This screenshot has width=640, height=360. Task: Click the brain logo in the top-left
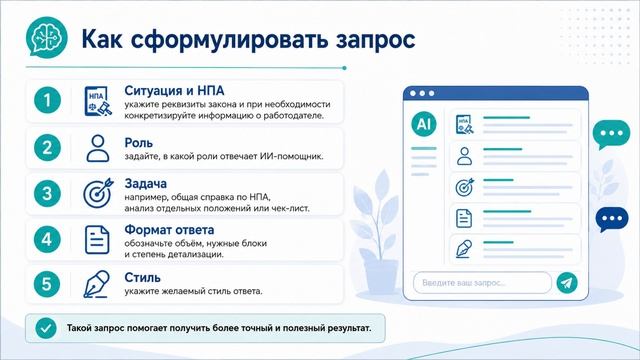point(47,37)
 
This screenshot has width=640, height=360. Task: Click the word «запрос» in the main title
point(376,39)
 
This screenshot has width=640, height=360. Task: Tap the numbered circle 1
point(47,100)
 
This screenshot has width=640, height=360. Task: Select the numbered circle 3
point(47,193)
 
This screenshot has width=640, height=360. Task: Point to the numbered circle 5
point(47,284)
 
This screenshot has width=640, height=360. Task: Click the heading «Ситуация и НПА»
point(174,90)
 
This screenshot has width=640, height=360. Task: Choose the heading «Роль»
point(139,143)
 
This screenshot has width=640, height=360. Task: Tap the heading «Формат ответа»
point(169,230)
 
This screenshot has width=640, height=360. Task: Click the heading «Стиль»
point(142,278)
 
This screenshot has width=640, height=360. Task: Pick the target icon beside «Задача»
point(98,193)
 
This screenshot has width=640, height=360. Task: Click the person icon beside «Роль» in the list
point(98,149)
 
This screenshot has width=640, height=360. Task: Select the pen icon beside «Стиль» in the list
point(97,284)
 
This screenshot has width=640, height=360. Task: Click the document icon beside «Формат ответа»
point(97,240)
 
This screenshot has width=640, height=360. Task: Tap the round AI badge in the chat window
point(424,124)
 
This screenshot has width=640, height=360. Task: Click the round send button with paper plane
point(567,282)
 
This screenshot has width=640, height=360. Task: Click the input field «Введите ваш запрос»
point(482,282)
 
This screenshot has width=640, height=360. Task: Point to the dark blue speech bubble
point(611,219)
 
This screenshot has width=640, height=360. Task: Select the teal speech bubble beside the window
point(611,134)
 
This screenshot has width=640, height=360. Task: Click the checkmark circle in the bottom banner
point(46,328)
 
